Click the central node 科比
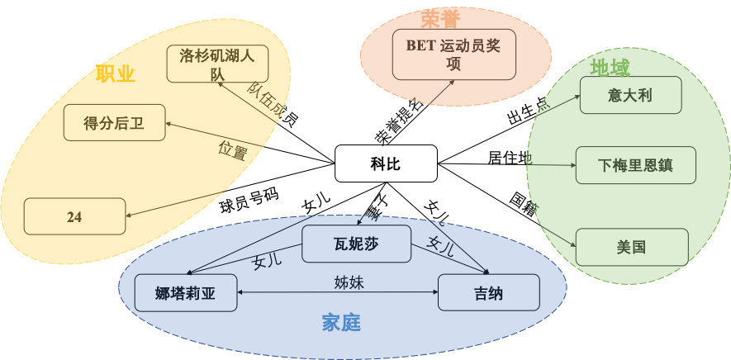tap(385, 163)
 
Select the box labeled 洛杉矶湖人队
tap(217, 64)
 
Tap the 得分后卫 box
tap(114, 123)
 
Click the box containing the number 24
tap(74, 216)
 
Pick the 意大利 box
tap(630, 95)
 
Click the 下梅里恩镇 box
tap(635, 165)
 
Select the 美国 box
tap(631, 246)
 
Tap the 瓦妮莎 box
tap(356, 244)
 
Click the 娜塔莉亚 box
tap(185, 293)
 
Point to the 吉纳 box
tap(488, 293)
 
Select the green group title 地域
tap(610, 67)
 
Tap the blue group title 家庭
tap(341, 323)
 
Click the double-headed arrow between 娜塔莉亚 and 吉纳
tap(337, 293)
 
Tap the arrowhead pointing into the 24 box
tap(131, 216)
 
